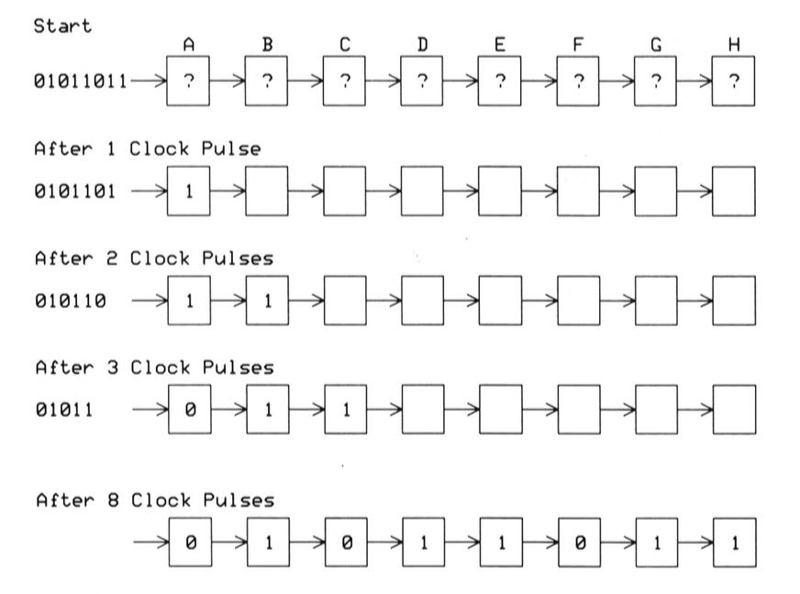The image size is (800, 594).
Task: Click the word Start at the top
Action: (64, 27)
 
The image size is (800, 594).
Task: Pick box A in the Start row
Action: (189, 81)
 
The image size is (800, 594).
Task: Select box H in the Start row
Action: (733, 81)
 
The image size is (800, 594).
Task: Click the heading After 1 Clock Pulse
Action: (147, 149)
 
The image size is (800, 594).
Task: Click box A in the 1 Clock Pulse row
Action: (189, 192)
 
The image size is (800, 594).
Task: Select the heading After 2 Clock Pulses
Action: (153, 258)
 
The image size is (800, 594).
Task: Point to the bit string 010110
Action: (70, 301)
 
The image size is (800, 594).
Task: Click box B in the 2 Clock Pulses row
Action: (267, 301)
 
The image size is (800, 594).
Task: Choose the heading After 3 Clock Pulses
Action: (153, 368)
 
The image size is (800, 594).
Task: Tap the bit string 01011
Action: (64, 410)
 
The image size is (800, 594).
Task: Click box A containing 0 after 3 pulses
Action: (189, 410)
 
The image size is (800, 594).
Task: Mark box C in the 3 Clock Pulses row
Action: (345, 410)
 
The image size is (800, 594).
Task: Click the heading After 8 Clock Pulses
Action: (153, 500)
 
